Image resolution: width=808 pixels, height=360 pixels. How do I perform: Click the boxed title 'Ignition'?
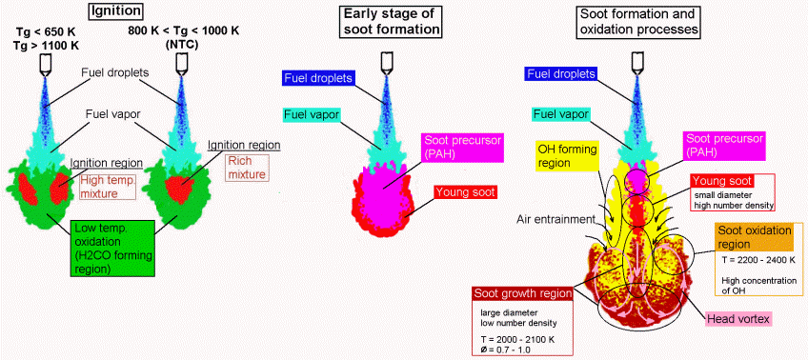116,10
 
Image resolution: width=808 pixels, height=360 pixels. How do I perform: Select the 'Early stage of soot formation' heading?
390,21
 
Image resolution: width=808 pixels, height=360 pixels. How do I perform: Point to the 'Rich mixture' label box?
247,169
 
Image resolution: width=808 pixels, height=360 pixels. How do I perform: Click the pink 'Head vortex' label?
737,319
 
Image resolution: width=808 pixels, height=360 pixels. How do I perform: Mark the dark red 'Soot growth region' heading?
522,294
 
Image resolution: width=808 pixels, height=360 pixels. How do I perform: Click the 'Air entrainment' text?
555,219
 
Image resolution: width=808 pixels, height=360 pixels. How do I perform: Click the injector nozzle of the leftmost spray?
45,63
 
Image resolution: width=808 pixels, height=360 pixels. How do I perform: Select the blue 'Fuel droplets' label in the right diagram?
560,74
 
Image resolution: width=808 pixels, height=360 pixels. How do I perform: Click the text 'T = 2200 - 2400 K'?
754,260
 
